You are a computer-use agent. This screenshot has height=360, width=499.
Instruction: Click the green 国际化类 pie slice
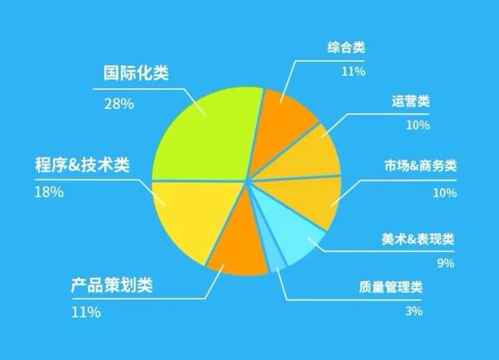207,134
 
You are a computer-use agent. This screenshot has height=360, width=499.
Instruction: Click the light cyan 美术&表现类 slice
289,229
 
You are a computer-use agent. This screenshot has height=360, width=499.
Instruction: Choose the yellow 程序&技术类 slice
191,216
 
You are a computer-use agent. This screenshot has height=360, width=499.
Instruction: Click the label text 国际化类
136,73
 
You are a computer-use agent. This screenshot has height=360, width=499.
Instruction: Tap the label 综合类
346,47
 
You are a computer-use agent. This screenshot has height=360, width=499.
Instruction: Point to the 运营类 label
411,101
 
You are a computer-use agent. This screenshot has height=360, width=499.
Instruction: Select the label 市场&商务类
421,165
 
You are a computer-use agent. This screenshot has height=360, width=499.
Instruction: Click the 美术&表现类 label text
417,239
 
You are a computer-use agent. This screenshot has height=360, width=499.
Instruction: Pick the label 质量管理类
391,287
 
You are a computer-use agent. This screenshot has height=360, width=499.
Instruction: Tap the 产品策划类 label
111,285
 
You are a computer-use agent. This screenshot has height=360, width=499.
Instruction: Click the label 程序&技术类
82,165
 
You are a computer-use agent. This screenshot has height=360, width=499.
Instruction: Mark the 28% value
119,104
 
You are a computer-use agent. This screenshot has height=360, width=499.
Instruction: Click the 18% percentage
49,192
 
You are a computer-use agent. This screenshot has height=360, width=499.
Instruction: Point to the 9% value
446,263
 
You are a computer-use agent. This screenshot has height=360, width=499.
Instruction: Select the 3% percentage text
414,311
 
